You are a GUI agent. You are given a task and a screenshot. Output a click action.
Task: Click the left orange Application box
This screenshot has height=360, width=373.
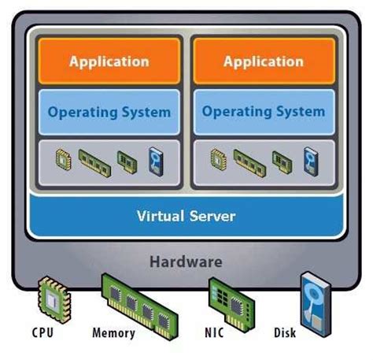109,61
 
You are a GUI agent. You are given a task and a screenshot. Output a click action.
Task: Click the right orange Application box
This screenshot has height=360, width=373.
263,61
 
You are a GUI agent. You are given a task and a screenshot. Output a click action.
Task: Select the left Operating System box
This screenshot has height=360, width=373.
109,112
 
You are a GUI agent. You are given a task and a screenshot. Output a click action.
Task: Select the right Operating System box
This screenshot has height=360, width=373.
263,112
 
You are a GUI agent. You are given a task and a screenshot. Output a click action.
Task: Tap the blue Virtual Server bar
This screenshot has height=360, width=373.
186,215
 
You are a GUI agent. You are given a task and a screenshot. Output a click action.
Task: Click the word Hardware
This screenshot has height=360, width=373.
186,262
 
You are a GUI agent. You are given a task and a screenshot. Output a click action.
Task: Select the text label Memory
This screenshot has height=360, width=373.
114,333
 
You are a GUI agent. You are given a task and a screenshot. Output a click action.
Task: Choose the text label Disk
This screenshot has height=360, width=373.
285,333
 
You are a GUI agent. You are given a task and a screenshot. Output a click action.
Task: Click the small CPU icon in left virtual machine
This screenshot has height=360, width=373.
63,161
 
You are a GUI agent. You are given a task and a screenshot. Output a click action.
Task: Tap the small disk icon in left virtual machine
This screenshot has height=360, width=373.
156,161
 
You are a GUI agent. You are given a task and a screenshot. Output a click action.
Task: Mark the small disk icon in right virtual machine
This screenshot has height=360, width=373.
310,161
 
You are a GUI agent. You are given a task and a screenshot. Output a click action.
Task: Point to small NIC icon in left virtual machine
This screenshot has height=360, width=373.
127,161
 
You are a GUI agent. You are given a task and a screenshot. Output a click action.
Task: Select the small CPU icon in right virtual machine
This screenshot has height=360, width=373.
217,161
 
